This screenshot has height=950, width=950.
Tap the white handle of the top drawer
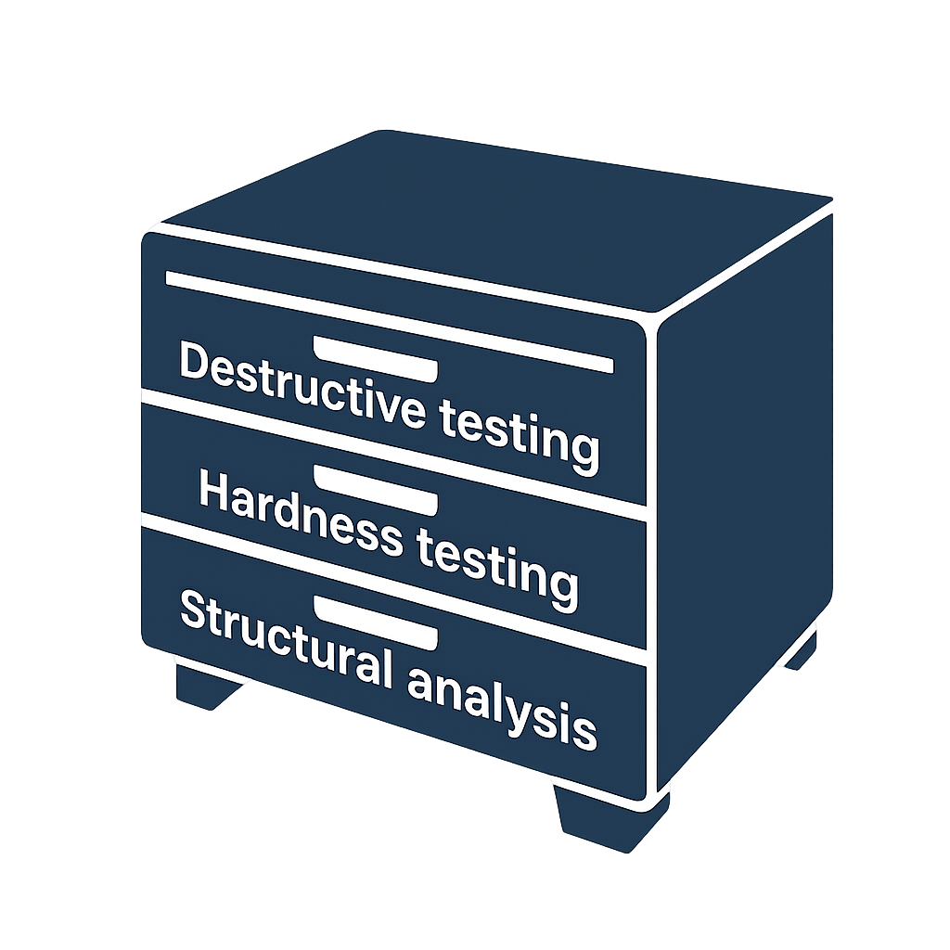375,359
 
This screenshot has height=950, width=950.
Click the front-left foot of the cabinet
209,687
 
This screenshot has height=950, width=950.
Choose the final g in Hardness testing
563,586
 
